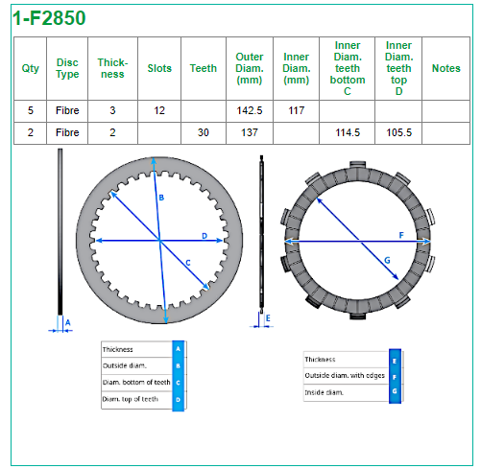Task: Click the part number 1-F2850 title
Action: pos(49,18)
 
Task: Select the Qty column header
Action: pos(31,68)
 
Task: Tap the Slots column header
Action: pos(159,68)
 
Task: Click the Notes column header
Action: pos(445,68)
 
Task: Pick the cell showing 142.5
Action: pos(250,110)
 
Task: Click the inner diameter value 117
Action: pos(296,110)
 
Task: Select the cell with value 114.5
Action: pos(348,132)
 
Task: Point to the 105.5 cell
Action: pos(398,132)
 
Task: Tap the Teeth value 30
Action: pos(204,132)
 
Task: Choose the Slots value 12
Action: pos(159,110)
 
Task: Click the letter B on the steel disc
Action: pos(161,198)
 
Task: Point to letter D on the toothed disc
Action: pos(204,236)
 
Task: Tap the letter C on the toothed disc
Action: pos(188,263)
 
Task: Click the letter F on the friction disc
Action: pos(401,236)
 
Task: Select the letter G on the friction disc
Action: pos(387,261)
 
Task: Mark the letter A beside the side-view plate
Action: pos(67,323)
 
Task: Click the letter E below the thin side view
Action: pos(268,318)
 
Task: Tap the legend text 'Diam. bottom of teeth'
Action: pos(136,383)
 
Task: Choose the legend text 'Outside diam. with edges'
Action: pos(345,376)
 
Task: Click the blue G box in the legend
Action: pos(395,391)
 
